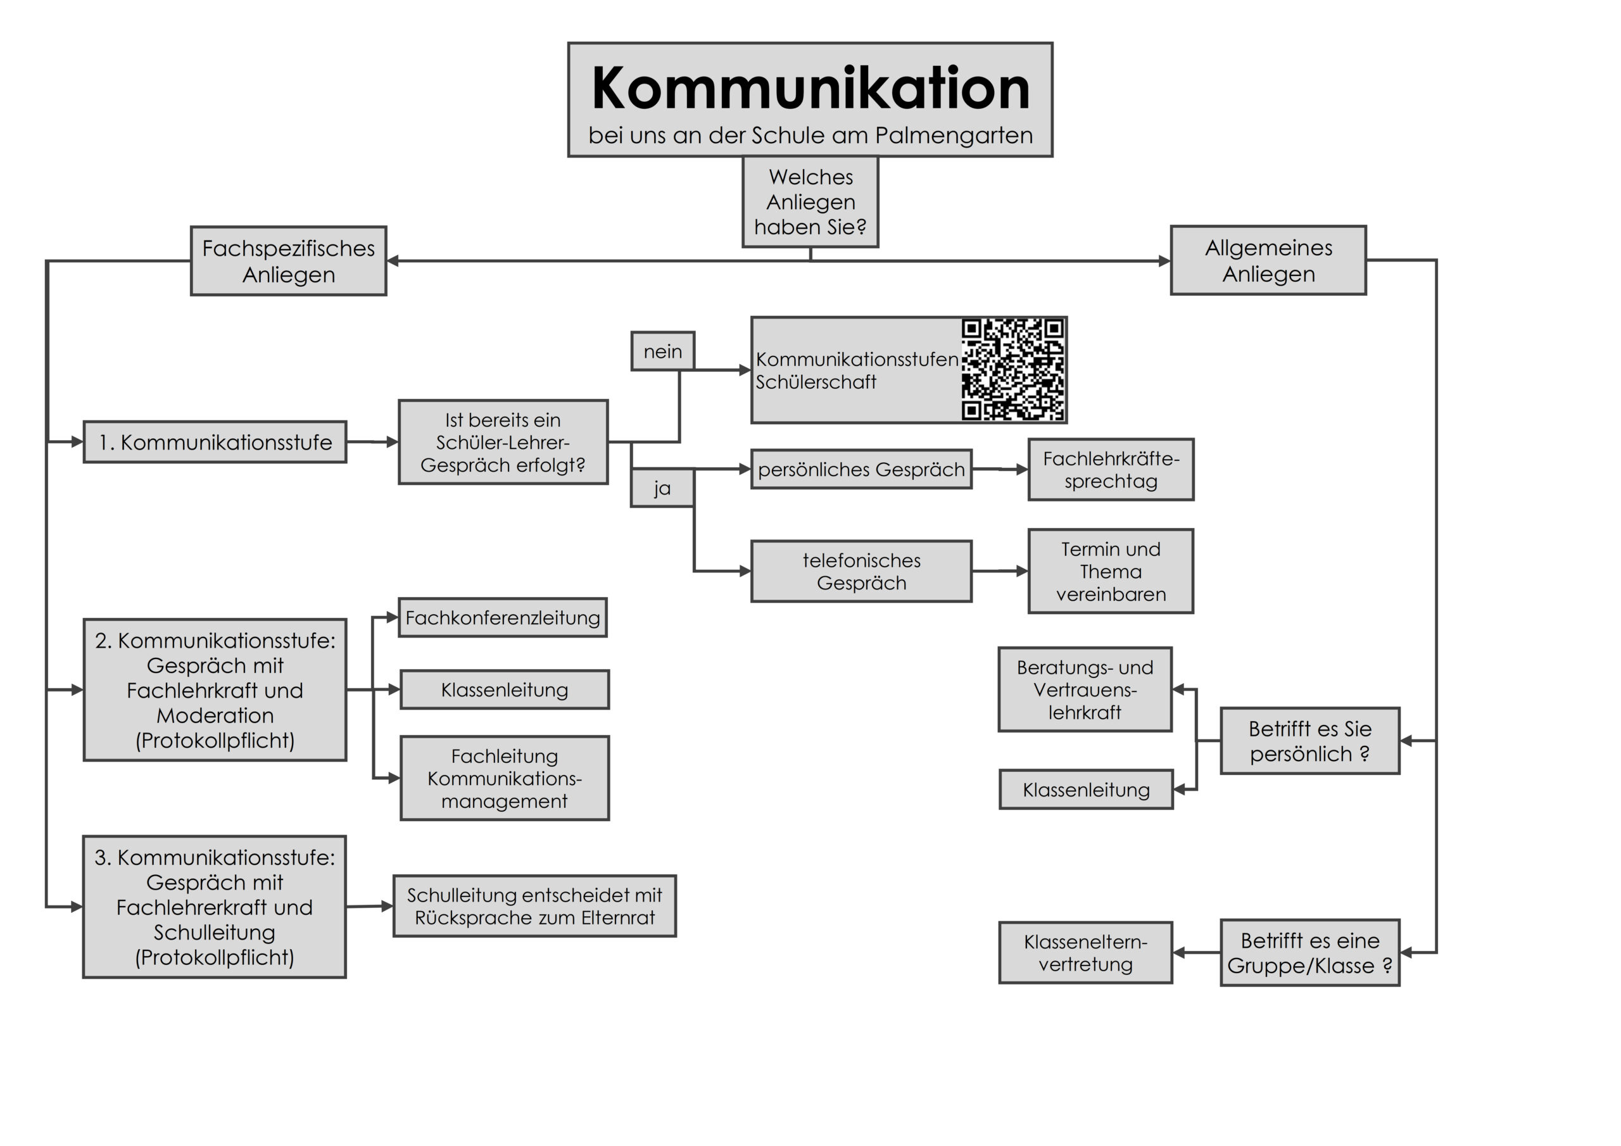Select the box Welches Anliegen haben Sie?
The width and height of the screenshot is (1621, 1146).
[810, 202]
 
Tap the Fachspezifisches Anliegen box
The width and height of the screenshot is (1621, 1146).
[288, 261]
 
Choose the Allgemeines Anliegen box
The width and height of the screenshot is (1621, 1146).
[1268, 261]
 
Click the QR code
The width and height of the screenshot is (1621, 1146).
[1012, 369]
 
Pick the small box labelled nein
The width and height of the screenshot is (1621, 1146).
[662, 351]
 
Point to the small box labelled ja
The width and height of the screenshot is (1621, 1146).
[662, 489]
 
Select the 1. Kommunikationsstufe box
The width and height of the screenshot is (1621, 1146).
[215, 443]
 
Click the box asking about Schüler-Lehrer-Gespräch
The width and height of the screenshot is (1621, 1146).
[503, 443]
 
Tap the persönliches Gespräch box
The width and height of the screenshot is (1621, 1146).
[861, 470]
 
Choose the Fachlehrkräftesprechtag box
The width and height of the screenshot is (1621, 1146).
[1111, 470]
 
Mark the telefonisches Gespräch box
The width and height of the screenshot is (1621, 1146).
[861, 572]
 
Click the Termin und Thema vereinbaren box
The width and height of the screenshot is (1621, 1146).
[1111, 572]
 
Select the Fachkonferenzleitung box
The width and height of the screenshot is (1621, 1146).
[502, 618]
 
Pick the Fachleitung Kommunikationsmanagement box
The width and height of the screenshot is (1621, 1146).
[504, 779]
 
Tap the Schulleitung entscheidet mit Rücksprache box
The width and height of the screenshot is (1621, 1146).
[534, 907]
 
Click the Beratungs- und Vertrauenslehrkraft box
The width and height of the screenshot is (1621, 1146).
[1085, 690]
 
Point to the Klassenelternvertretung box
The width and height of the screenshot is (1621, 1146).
[1085, 954]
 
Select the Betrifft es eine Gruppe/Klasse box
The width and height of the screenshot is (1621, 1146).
[1309, 954]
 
